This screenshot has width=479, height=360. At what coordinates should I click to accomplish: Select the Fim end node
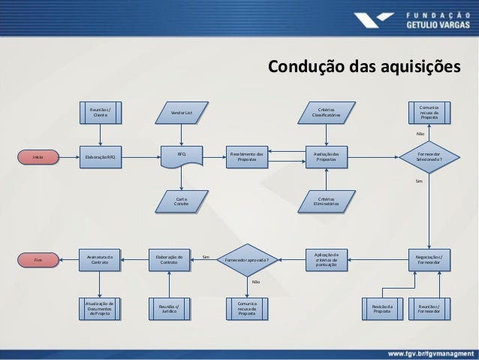38,259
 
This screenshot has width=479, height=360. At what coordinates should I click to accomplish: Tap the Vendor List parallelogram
182,113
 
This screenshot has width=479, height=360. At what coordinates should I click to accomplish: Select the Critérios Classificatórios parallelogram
327,113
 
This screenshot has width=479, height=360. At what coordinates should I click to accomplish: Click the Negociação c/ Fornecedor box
429,259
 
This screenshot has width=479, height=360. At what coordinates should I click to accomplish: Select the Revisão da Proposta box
383,310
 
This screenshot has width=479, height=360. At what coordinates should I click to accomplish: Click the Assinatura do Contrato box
100,259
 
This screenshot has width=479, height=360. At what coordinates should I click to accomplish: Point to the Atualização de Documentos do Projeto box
100,309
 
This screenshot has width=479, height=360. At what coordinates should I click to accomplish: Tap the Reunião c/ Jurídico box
170,309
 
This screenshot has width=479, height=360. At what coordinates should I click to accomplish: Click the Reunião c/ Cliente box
100,113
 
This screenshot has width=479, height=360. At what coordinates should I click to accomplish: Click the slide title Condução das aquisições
360,68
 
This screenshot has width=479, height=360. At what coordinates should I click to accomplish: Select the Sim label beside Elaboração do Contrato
205,257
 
